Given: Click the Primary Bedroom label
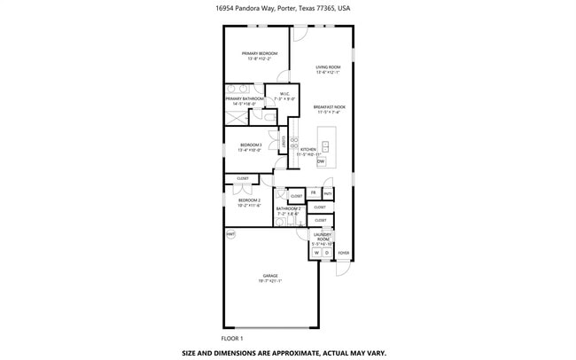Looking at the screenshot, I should point(260,54).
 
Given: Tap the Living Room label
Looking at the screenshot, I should point(329,67).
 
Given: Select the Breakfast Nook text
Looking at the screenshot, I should point(329,107).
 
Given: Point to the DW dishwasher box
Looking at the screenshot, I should point(321,161).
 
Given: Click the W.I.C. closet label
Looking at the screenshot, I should point(284,94).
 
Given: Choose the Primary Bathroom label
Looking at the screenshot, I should point(243,99).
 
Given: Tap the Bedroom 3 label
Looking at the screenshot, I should point(251,145).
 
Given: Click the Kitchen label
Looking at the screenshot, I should point(307,150).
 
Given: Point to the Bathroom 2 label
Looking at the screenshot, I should point(289,209).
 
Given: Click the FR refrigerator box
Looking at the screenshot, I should point(314,192).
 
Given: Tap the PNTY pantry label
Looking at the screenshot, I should point(327,192).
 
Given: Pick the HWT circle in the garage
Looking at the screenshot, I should point(230,234).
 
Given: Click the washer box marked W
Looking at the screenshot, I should point(315,253).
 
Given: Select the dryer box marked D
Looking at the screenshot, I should point(326,253).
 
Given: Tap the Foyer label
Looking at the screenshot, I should point(344,253).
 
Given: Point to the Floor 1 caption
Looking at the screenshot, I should point(232,338).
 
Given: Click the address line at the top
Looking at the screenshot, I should point(288,8).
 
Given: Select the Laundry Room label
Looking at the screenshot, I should point(322,237).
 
